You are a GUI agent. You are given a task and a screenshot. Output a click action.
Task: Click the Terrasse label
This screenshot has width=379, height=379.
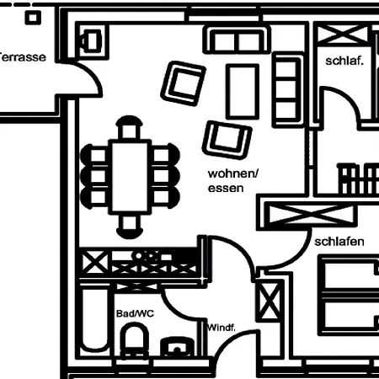pyautogui.click(x=23, y=57)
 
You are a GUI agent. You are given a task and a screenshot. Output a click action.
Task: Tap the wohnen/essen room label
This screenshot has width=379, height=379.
pyautogui.click(x=232, y=181)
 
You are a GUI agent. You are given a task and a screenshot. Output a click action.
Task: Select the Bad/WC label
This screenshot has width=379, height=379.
pyautogui.click(x=135, y=313)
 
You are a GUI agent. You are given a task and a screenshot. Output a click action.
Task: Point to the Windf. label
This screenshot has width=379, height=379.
pyautogui.click(x=222, y=328)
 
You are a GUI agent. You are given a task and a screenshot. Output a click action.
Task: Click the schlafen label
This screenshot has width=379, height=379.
pyautogui.click(x=339, y=242)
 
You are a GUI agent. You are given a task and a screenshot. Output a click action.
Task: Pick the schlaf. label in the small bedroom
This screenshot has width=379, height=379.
pyautogui.click(x=344, y=61)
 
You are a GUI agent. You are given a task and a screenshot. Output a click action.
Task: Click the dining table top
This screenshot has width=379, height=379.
pyautogui.click(x=130, y=177)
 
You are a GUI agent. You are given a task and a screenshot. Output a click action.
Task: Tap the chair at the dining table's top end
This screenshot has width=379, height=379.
pyautogui.click(x=129, y=127)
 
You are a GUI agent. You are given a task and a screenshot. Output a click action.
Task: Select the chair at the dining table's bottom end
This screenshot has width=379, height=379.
pyautogui.click(x=130, y=227)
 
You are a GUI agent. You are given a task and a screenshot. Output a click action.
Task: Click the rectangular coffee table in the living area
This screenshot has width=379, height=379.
pyautogui.click(x=243, y=92)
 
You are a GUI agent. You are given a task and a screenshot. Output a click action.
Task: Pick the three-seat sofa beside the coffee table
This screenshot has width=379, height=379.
pyautogui.click(x=288, y=89)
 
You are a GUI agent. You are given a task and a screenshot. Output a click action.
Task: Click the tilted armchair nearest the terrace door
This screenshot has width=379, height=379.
pyautogui.click(x=183, y=83)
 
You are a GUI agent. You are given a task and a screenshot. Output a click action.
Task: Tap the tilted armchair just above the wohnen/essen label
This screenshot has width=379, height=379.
pyautogui.click(x=227, y=140)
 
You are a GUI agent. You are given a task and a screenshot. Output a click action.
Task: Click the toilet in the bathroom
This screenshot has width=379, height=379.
pyautogui.click(x=134, y=340)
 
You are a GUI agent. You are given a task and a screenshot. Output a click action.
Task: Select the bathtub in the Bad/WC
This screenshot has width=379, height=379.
pyautogui.click(x=95, y=318)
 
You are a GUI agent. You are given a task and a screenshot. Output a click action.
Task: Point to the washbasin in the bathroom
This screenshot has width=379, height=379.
pyautogui.click(x=178, y=347)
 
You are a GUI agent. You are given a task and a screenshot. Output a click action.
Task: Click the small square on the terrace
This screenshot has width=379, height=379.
pyautogui.click(x=33, y=18)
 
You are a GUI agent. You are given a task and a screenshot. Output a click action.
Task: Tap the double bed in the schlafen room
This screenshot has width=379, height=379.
pyautogui.click(x=348, y=295)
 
